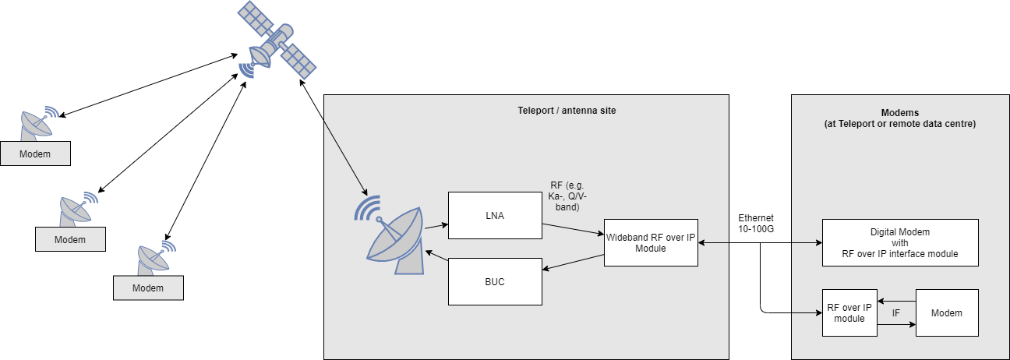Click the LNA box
click(495, 216)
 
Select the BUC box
click(495, 281)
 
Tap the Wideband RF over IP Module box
click(651, 243)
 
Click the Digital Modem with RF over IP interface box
click(900, 243)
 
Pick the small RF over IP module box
click(849, 313)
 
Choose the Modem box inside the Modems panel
click(946, 313)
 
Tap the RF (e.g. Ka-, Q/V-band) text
click(565, 196)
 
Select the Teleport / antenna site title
click(567, 111)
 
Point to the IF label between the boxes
click(896, 313)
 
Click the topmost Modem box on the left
click(35, 154)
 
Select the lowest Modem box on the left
click(148, 288)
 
